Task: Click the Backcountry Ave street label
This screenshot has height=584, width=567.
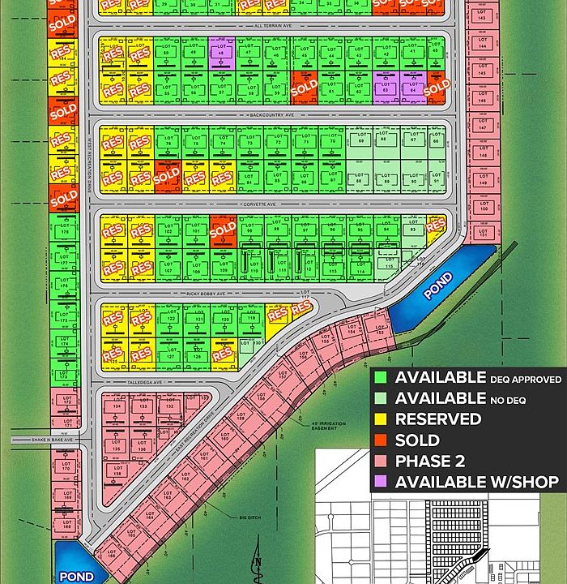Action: [275, 115]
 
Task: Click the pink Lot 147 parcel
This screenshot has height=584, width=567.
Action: [482, 127]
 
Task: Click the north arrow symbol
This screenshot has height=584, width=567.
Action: [258, 565]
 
